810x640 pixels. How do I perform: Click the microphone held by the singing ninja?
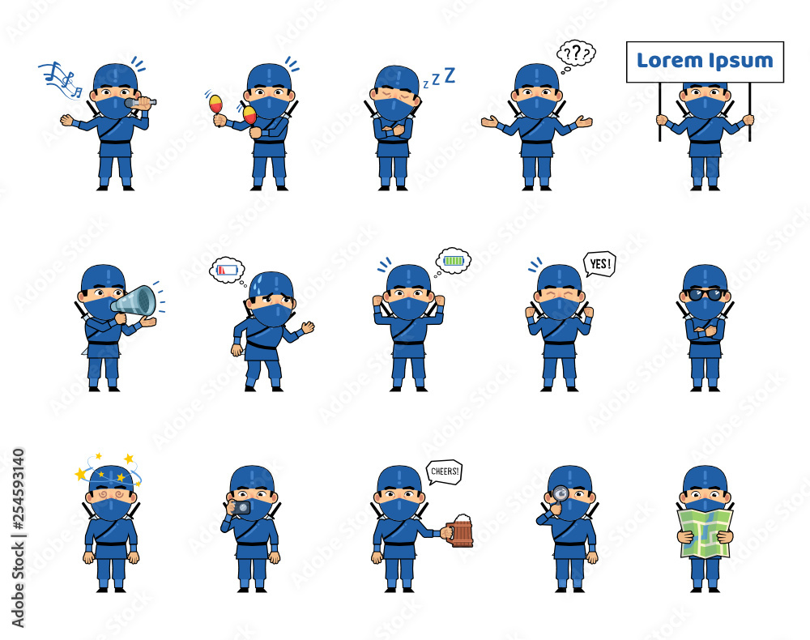(140, 102)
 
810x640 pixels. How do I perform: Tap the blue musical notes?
(61, 79)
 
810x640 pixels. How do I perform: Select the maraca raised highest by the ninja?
(215, 104)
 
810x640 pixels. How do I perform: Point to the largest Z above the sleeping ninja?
(450, 75)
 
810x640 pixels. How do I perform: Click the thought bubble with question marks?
(576, 53)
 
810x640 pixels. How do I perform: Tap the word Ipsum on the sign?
(741, 62)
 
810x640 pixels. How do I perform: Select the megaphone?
(134, 301)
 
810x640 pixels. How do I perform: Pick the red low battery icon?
(228, 270)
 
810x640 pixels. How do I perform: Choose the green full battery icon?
(454, 261)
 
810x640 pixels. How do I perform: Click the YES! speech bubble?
(599, 264)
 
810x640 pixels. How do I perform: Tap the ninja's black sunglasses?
(705, 294)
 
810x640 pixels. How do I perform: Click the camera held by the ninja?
(240, 507)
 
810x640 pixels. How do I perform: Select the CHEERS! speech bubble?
(444, 472)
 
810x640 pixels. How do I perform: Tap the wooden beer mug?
(459, 531)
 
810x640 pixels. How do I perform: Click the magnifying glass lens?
(561, 494)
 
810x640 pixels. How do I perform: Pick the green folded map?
(706, 534)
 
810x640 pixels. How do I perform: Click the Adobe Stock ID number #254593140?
(19, 489)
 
